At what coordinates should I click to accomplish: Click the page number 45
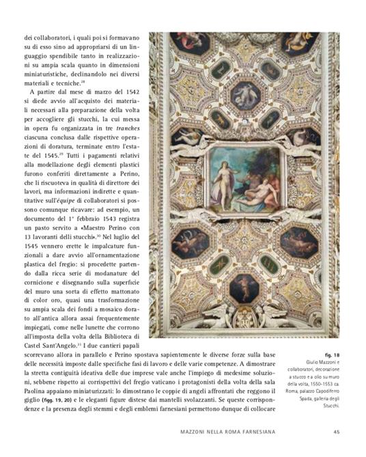(x=337, y=431)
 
